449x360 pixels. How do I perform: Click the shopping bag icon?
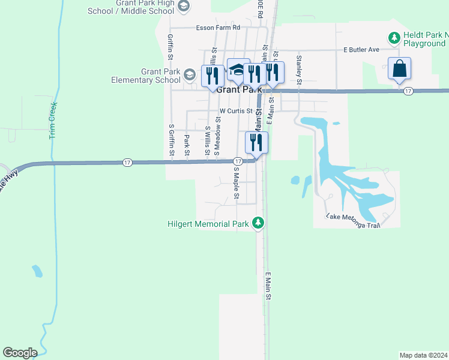[399, 70]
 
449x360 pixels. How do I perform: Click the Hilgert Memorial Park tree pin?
[258, 223]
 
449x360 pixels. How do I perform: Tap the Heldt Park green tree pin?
[394, 38]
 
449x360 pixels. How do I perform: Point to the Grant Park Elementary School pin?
[190, 75]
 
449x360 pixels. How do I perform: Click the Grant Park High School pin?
[184, 7]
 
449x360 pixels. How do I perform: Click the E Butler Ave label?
[361, 49]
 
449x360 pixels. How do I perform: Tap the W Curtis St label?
[237, 111]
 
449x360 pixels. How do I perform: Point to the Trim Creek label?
[52, 120]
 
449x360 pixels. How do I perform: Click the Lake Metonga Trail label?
[353, 220]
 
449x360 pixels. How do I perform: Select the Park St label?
[187, 145]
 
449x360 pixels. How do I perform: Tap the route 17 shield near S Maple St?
[238, 161]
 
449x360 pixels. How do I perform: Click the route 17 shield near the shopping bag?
[408, 91]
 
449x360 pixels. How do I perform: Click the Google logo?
[20, 353]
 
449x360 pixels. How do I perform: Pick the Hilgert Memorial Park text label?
[208, 224]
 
